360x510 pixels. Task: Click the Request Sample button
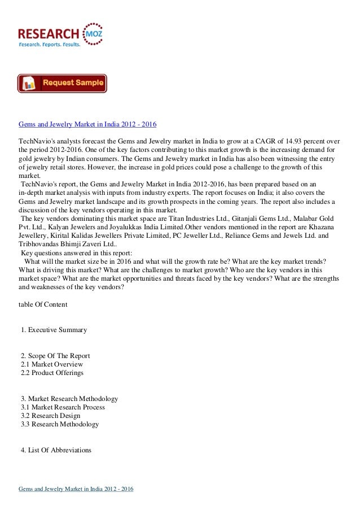click(x=62, y=84)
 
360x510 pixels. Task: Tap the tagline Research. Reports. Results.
click(x=50, y=43)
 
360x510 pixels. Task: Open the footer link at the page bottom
click(x=79, y=488)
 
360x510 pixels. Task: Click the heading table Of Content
click(x=43, y=304)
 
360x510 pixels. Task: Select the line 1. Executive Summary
click(x=54, y=330)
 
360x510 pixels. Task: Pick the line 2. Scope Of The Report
click(x=55, y=356)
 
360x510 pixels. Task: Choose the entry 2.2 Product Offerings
click(x=52, y=373)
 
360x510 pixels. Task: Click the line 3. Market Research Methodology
click(x=69, y=399)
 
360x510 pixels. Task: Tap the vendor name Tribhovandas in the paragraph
click(x=40, y=245)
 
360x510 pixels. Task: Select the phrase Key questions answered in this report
click(x=76, y=253)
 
